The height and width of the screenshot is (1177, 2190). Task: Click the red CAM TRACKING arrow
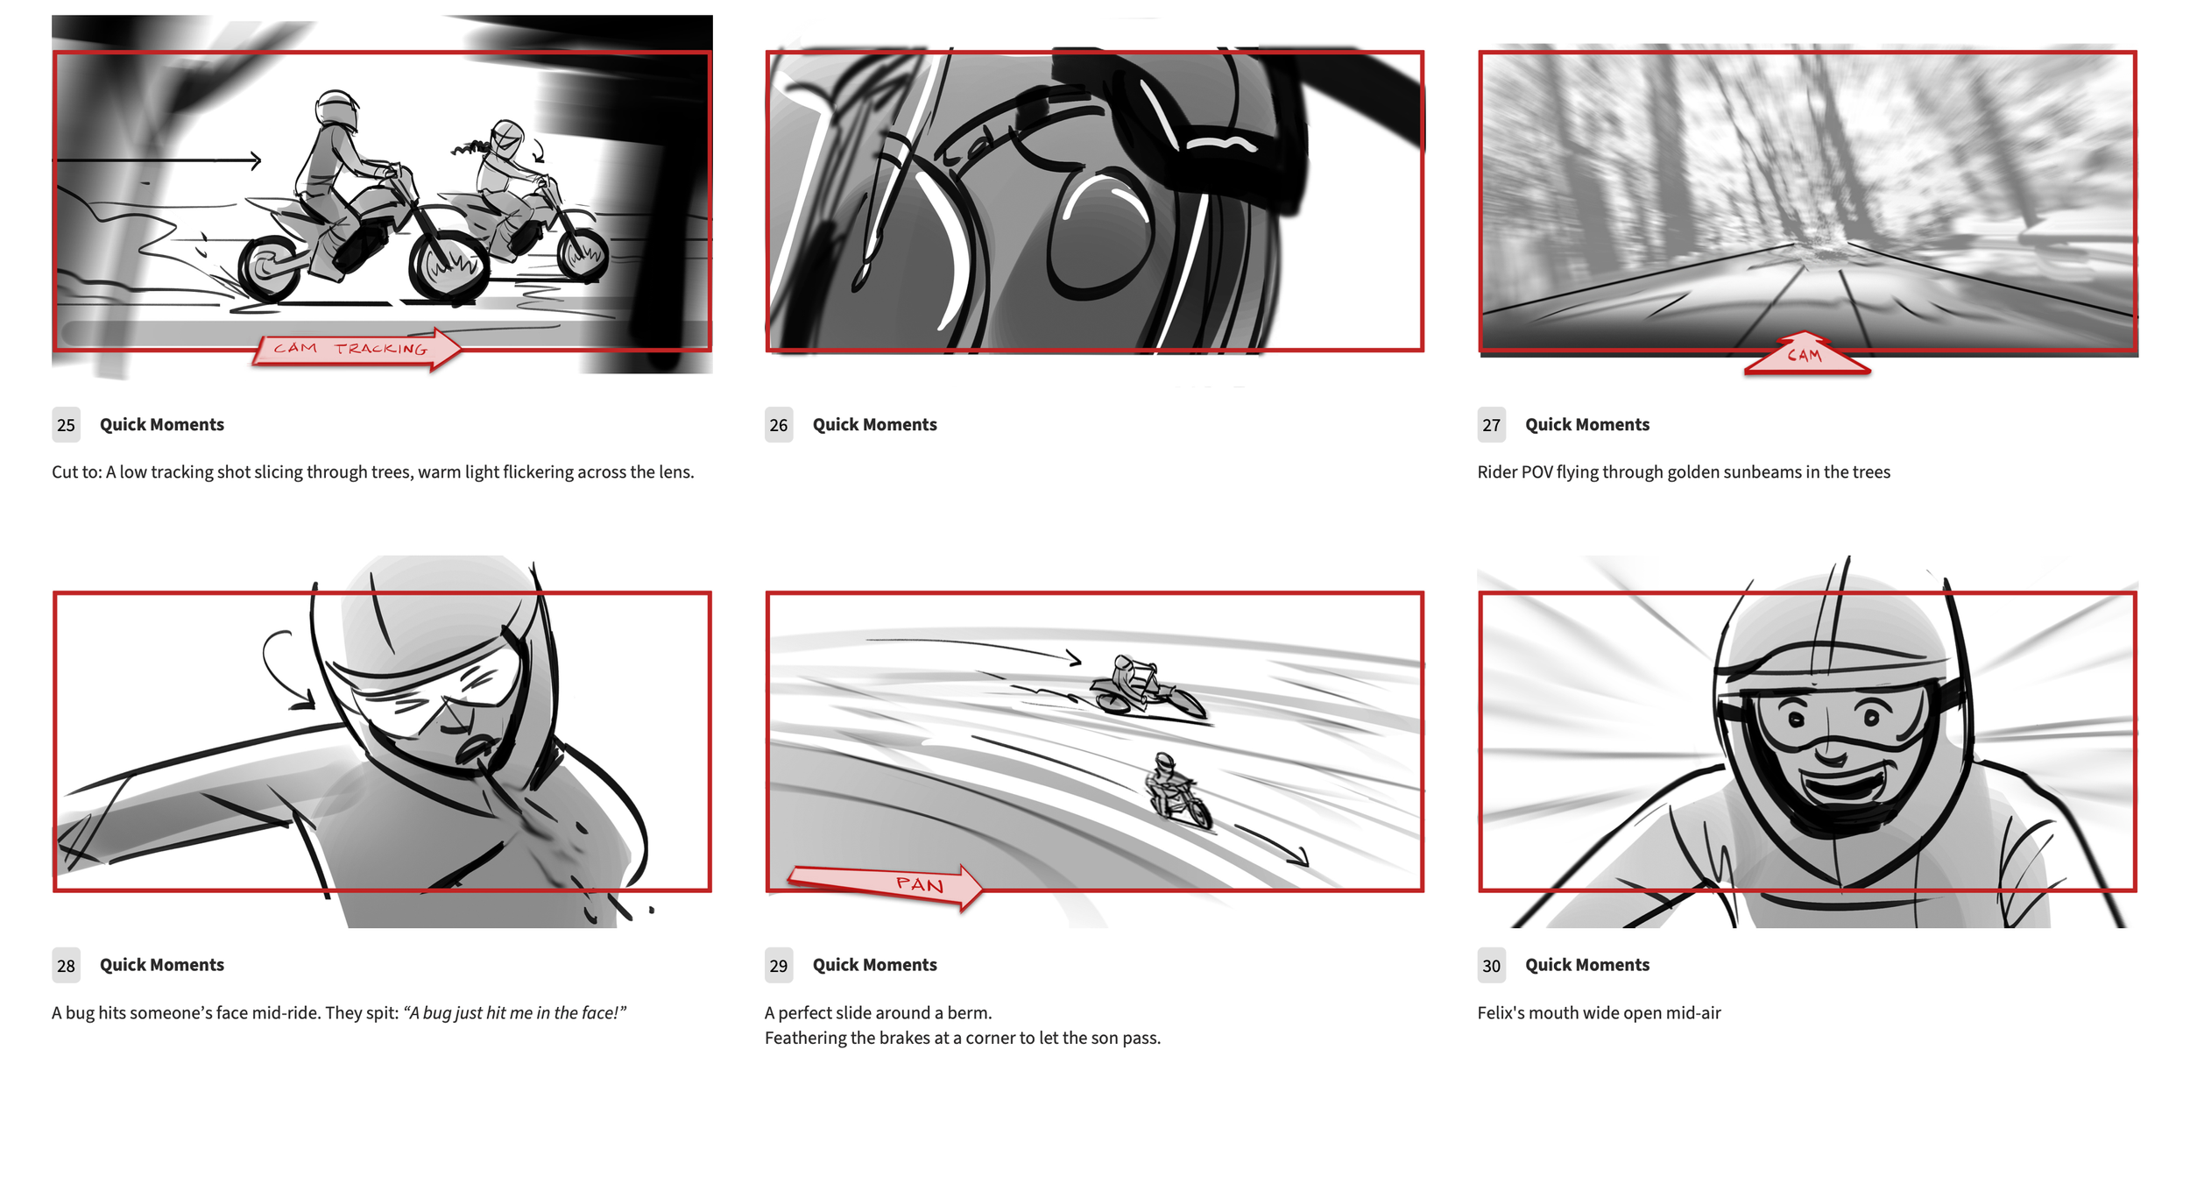(x=357, y=349)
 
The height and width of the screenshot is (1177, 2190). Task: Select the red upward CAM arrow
(x=1806, y=354)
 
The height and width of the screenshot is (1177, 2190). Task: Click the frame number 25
(x=66, y=425)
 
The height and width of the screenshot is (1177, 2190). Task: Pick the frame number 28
(x=66, y=966)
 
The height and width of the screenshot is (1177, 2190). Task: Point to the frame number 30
(x=1491, y=966)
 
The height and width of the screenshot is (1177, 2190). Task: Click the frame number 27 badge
(x=1491, y=425)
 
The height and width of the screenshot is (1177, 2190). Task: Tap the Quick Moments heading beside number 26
(x=874, y=425)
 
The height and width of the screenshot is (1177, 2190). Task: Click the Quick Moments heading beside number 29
(x=874, y=965)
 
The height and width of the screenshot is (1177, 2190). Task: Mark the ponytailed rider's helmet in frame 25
(x=506, y=139)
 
